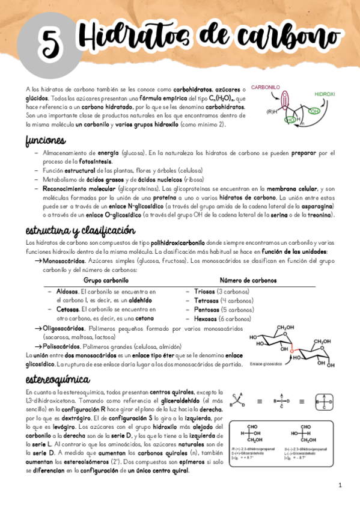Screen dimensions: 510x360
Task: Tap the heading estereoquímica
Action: point(57,379)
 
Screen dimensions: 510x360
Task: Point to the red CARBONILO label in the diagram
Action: point(266,87)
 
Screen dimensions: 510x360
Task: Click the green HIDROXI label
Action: point(325,94)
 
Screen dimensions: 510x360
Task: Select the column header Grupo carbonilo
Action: point(106,280)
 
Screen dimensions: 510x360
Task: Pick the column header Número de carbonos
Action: point(248,280)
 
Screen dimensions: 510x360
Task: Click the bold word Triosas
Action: point(204,291)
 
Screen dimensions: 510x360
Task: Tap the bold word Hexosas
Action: point(205,319)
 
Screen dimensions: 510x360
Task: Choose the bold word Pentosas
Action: point(206,310)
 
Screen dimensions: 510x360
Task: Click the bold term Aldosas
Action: point(67,291)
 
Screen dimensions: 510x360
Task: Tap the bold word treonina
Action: point(322,215)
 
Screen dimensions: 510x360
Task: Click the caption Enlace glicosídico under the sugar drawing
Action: point(266,363)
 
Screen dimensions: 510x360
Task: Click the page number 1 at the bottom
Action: point(340,485)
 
